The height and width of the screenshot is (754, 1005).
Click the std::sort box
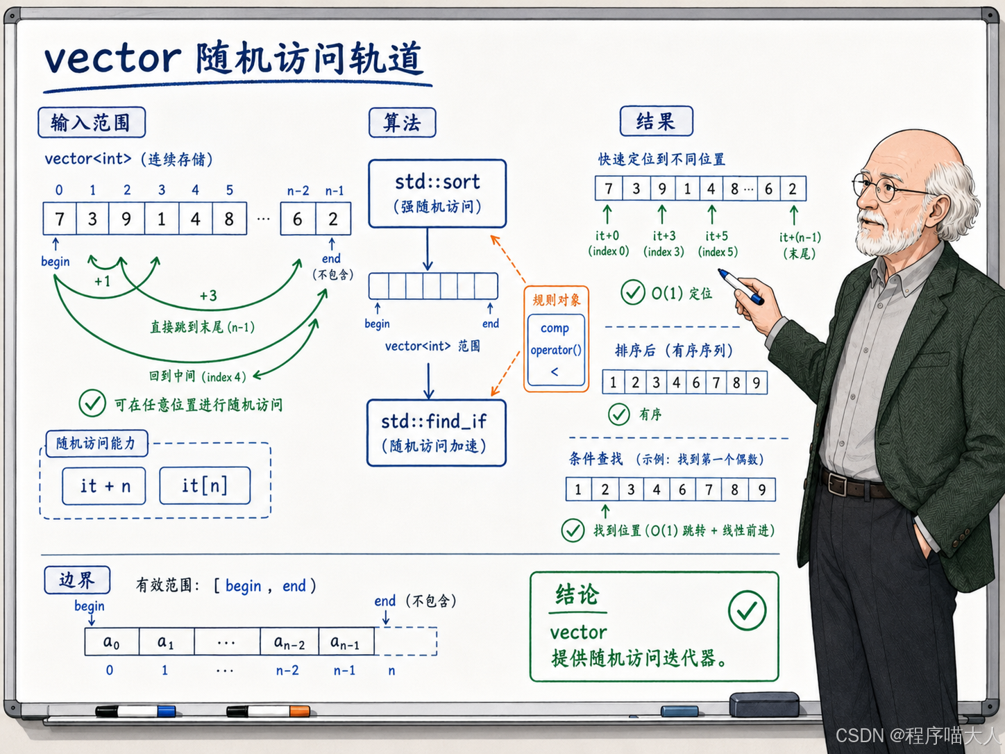437,194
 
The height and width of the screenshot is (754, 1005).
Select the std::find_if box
437,433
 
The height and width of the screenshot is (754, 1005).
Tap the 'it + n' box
104,486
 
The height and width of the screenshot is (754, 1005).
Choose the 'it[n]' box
205,485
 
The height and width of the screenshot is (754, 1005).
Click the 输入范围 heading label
92,122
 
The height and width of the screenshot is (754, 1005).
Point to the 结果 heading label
656,121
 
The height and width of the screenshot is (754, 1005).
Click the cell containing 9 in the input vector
126,219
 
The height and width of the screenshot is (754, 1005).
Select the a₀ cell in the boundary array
112,642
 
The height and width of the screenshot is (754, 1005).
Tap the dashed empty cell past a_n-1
405,642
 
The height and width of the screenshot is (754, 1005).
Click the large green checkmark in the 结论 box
747,610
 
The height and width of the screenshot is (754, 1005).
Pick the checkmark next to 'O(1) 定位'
633,292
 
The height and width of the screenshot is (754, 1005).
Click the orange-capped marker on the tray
269,711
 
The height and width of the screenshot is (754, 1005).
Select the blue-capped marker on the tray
135,712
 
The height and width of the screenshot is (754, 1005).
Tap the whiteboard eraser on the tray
764,704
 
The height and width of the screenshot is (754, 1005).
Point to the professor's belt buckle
837,485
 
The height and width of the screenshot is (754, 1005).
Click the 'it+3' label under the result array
664,236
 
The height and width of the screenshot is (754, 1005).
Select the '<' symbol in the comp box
555,371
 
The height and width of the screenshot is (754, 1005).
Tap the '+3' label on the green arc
208,295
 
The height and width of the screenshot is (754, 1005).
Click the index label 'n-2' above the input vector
298,190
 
